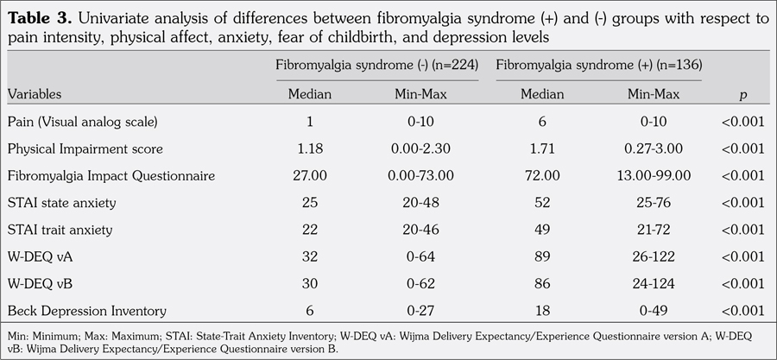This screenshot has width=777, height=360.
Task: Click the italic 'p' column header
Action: click(x=743, y=94)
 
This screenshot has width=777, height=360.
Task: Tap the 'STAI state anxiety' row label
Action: click(x=60, y=204)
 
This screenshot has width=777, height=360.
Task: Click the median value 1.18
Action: click(x=310, y=148)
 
